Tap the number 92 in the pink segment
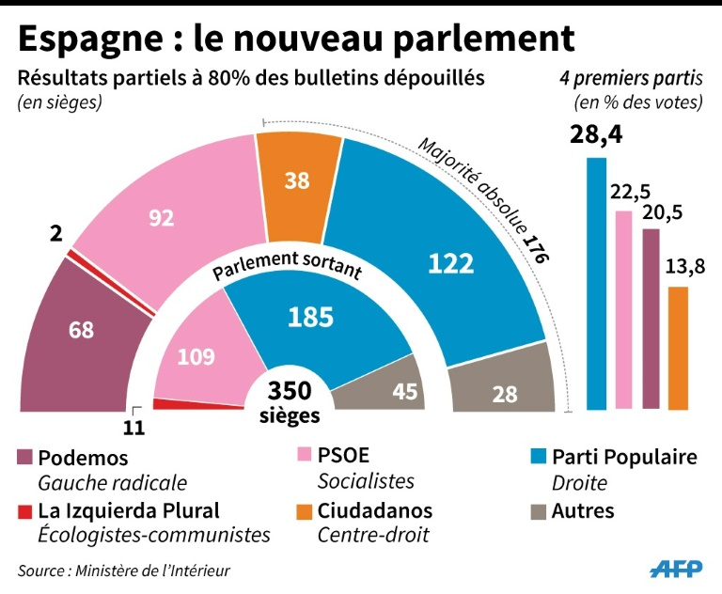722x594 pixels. [x=163, y=218]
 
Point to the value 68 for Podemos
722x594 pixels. [x=82, y=329]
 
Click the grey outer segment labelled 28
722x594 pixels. [x=505, y=393]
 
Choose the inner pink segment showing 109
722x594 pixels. [x=196, y=357]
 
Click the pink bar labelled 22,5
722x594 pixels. [x=623, y=310]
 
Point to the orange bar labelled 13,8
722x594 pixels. [x=678, y=348]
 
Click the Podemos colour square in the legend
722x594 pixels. [x=25, y=458]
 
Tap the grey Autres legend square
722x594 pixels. [x=539, y=511]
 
